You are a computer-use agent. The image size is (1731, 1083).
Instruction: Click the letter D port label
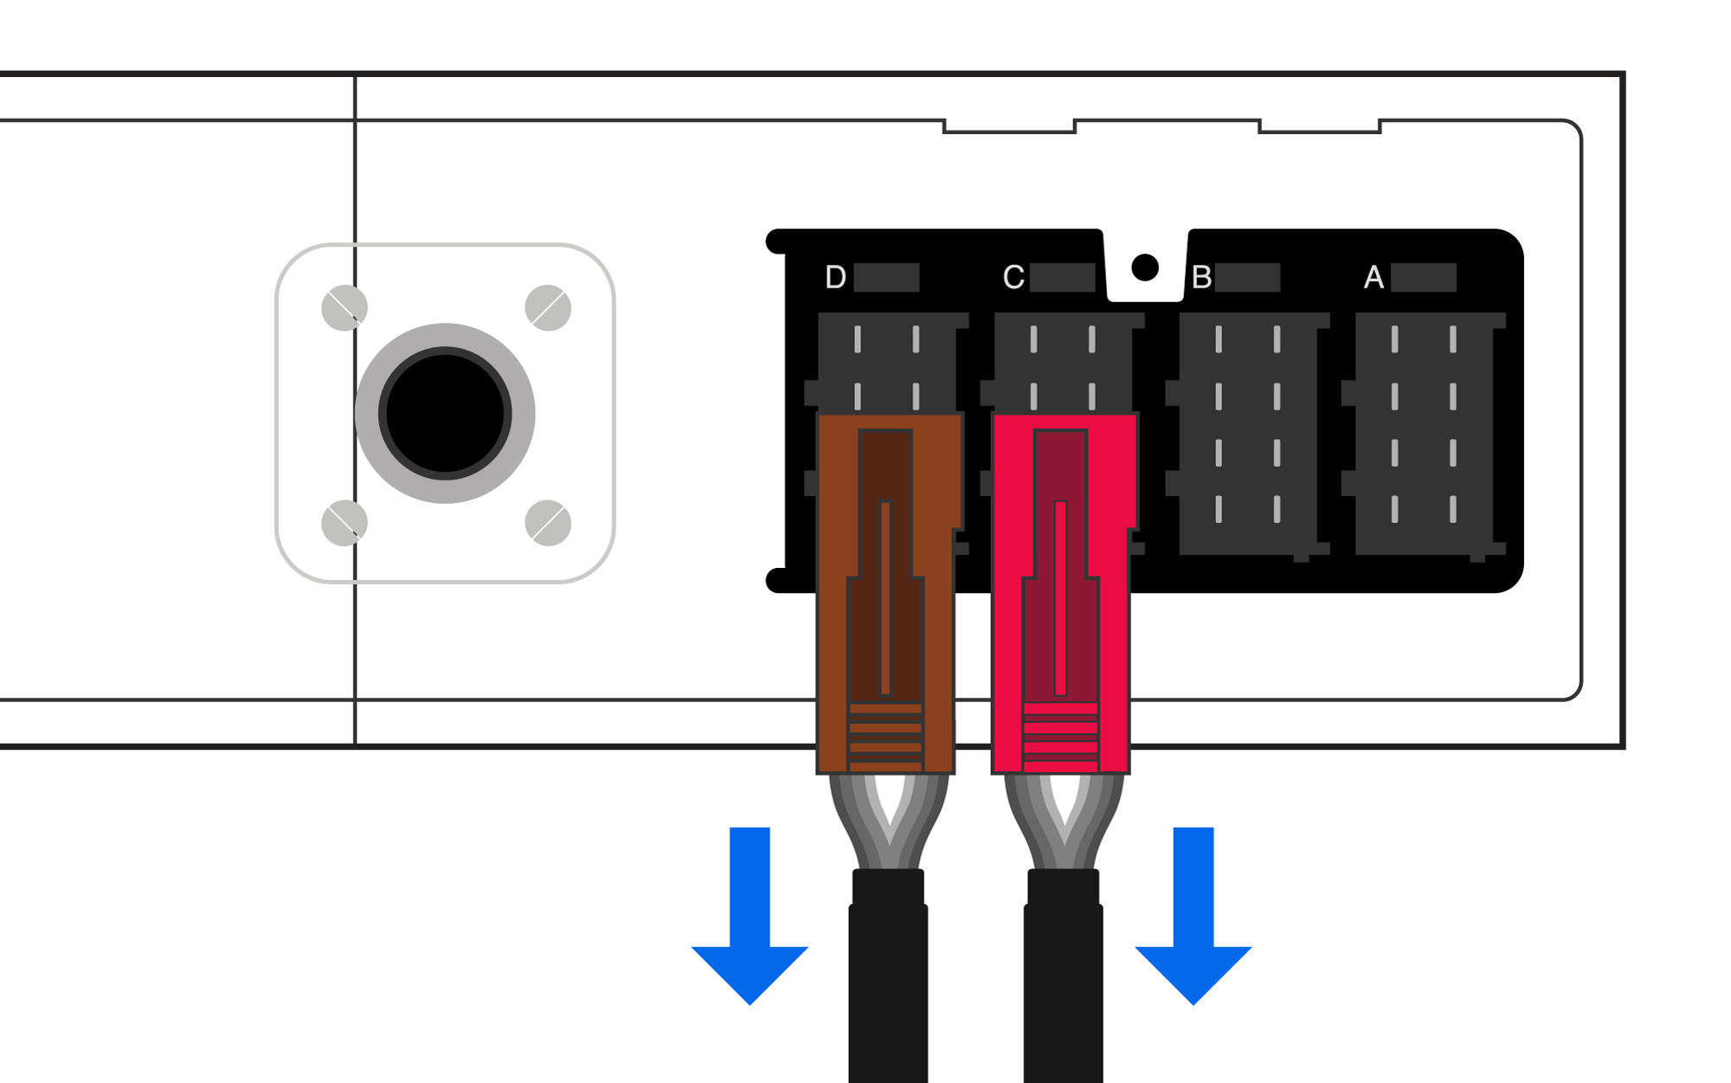(x=835, y=277)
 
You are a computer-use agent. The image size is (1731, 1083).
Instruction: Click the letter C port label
(x=1014, y=277)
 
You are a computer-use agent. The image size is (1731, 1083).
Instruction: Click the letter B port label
(x=1201, y=277)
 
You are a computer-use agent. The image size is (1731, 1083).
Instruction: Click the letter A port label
(x=1374, y=277)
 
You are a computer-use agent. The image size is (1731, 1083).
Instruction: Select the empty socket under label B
(x=1248, y=433)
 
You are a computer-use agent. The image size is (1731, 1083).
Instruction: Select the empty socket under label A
(x=1425, y=433)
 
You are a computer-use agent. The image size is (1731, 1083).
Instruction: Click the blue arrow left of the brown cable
(x=750, y=918)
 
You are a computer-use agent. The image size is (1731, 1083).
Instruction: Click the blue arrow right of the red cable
(x=1194, y=918)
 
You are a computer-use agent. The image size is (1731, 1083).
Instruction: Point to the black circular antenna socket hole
(x=445, y=414)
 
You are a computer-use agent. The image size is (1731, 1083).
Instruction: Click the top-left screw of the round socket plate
(x=344, y=307)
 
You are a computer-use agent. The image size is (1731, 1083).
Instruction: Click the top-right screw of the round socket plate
(x=548, y=307)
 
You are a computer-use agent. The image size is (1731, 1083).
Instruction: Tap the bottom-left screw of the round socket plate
(x=344, y=523)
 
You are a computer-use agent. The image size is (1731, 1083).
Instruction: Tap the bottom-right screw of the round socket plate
(x=548, y=523)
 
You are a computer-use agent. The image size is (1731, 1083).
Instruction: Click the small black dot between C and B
(x=1145, y=268)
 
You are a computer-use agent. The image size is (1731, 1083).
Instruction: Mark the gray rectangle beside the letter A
(x=1424, y=278)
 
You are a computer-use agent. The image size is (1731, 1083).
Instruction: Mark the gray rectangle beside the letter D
(x=886, y=278)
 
